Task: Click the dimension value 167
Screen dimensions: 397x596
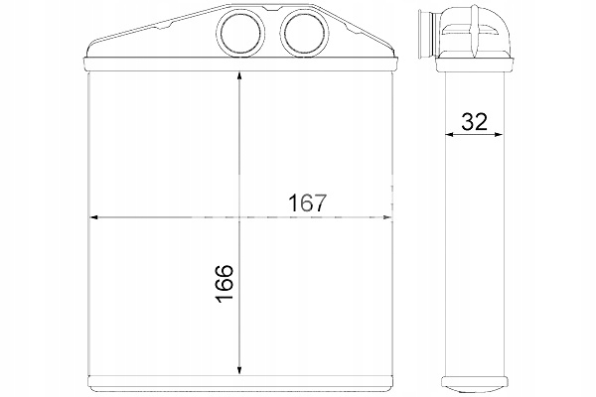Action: (x=308, y=203)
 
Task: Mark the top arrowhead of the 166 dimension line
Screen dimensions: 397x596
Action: (x=239, y=77)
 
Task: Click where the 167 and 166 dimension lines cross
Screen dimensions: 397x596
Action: (x=239, y=216)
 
